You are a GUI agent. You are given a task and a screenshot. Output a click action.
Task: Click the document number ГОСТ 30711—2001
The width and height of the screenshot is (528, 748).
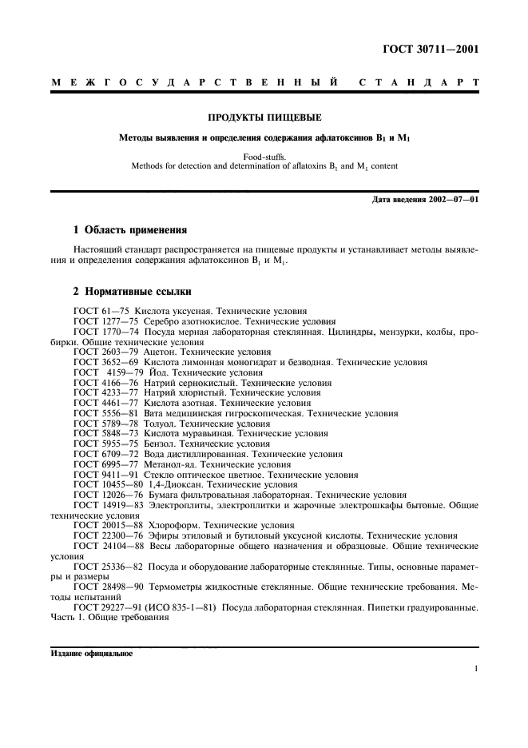[x=432, y=49]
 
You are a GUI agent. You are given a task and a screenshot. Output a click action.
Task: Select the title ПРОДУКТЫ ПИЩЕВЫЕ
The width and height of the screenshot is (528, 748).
[x=264, y=117]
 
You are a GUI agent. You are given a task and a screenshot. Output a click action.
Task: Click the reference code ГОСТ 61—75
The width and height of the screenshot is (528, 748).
[x=101, y=310]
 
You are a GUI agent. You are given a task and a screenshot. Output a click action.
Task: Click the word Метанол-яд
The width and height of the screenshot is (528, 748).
[x=166, y=464]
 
